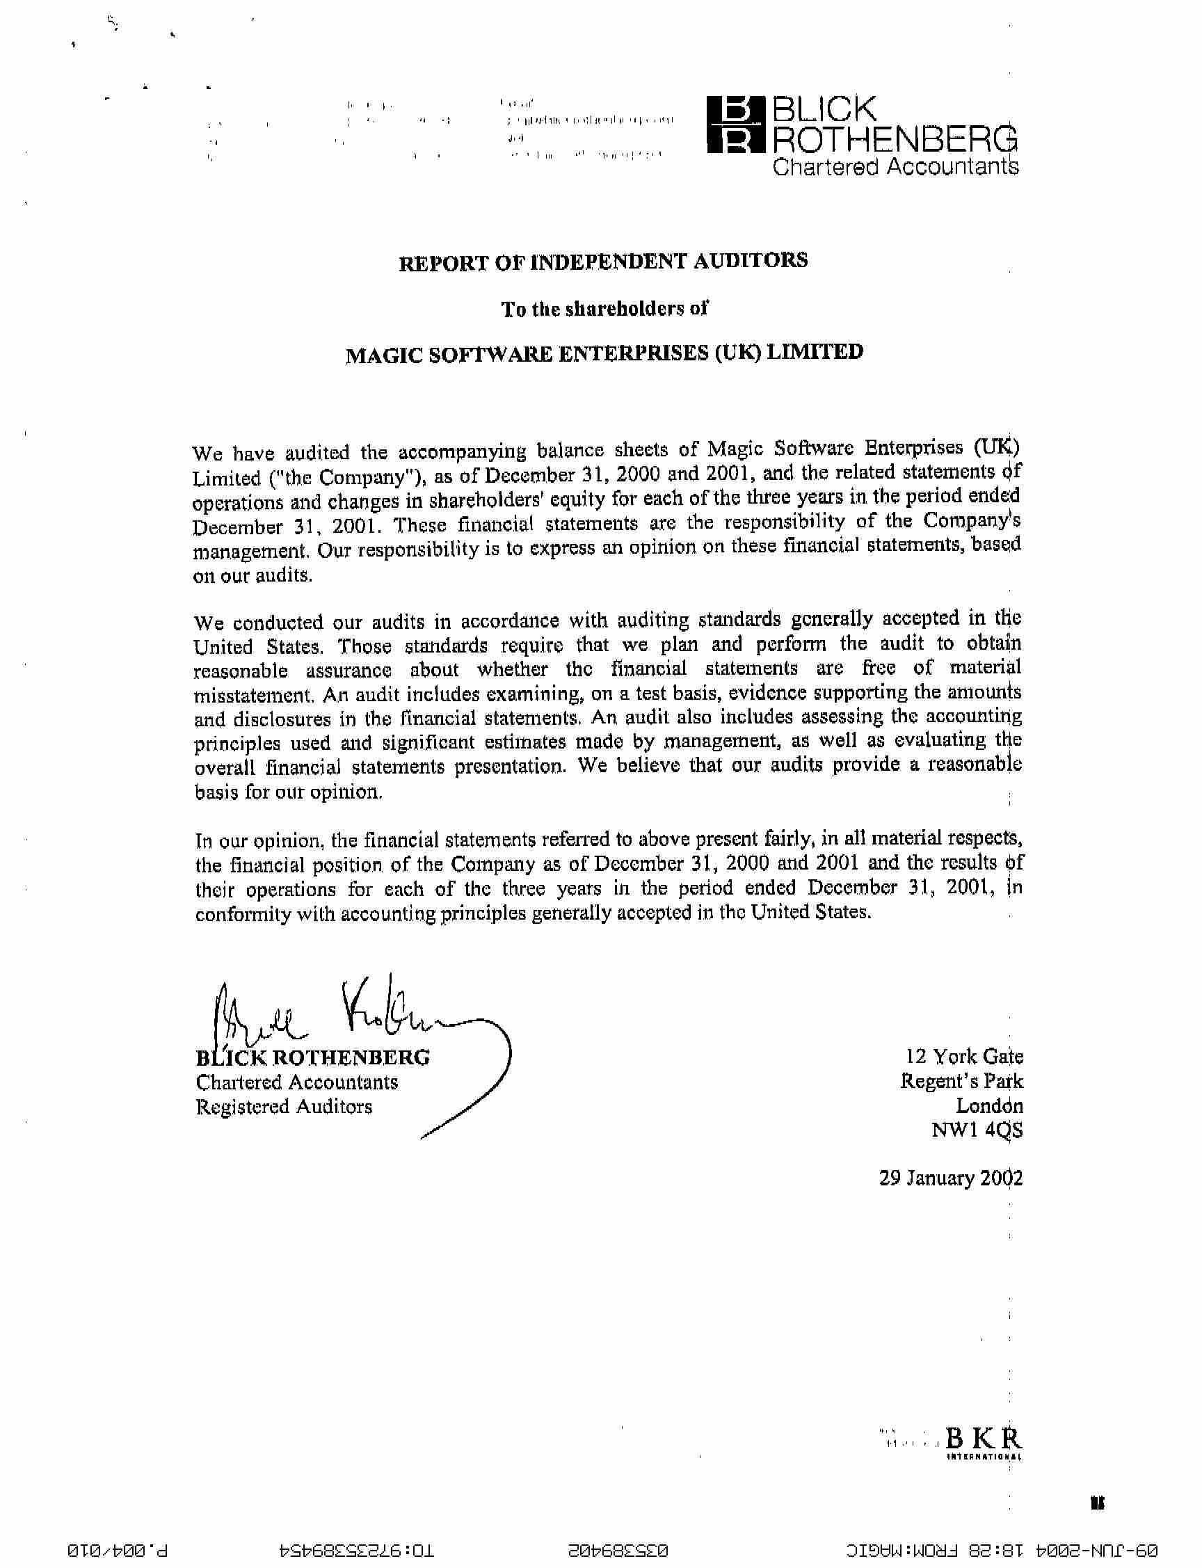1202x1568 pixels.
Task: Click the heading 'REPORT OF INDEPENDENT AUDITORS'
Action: (x=603, y=262)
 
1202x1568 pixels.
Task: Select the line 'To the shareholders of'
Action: (x=604, y=309)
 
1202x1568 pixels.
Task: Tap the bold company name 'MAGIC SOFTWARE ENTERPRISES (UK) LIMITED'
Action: (x=604, y=353)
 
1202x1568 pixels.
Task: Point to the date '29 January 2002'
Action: (x=950, y=1178)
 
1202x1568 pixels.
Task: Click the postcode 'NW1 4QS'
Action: (x=977, y=1130)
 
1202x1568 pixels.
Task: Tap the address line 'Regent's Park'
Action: (x=961, y=1082)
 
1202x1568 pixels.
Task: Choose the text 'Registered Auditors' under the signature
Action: (x=284, y=1107)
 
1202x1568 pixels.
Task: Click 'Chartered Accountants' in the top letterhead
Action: (x=895, y=167)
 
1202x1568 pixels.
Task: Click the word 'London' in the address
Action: (x=990, y=1106)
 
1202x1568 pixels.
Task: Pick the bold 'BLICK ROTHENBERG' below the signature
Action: (x=312, y=1057)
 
